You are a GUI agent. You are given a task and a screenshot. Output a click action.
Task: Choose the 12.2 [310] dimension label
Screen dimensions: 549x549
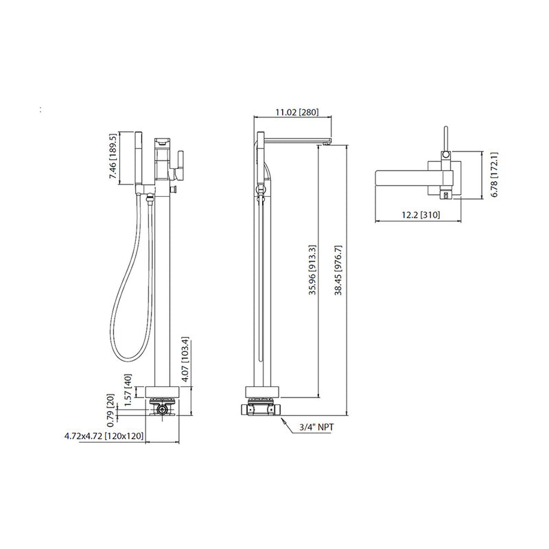click(x=419, y=215)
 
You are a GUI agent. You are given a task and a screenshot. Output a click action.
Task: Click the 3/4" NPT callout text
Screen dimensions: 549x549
click(x=316, y=428)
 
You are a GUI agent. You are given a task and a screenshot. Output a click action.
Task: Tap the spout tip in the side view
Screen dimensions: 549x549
click(x=329, y=141)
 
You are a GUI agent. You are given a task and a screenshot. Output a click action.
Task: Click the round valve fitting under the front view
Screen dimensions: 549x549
click(x=162, y=411)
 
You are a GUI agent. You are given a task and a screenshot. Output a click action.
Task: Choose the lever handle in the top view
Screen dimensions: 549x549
click(x=445, y=141)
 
